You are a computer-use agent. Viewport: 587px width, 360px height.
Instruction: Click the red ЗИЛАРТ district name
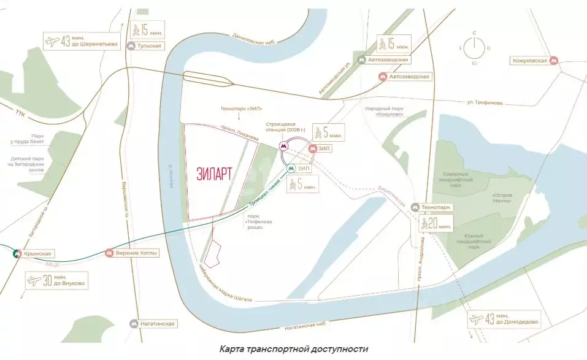pyautogui.click(x=214, y=173)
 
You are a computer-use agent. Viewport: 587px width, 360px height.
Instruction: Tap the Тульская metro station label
pyautogui.click(x=148, y=46)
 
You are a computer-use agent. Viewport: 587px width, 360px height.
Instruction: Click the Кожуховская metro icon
pyautogui.click(x=554, y=61)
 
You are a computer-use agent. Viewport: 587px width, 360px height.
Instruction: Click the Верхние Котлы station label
pyautogui.click(x=136, y=253)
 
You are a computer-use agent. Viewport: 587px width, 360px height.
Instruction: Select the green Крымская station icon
pyautogui.click(x=12, y=253)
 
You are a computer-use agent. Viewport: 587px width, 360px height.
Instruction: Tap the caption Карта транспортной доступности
pyautogui.click(x=294, y=349)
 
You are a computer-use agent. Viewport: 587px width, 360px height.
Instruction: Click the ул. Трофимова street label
pyautogui.click(x=487, y=102)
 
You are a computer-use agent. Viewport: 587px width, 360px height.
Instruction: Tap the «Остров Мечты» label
pyautogui.click(x=502, y=198)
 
